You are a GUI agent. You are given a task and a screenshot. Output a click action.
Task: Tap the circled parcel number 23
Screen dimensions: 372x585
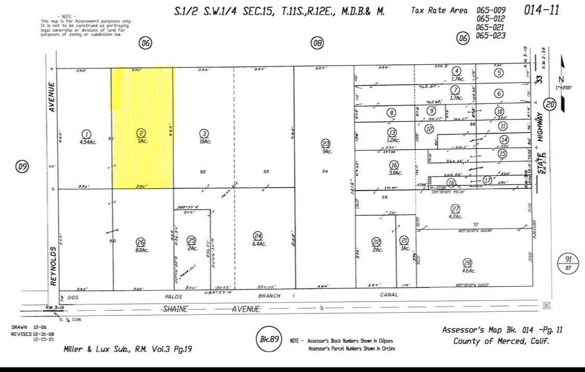click(x=326, y=143)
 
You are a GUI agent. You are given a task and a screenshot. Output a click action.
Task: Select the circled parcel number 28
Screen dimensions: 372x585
click(x=467, y=262)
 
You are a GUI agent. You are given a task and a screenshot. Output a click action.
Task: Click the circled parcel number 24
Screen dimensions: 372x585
click(x=258, y=235)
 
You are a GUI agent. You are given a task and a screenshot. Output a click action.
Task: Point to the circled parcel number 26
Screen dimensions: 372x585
click(x=140, y=242)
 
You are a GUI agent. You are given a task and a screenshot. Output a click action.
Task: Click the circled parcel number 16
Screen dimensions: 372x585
click(x=394, y=165)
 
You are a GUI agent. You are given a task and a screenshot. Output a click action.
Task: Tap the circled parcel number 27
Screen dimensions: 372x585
click(x=455, y=209)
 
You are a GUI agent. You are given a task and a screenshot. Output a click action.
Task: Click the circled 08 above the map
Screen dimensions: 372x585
click(x=317, y=43)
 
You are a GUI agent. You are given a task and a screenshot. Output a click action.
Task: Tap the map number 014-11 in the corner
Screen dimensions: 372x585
click(x=542, y=10)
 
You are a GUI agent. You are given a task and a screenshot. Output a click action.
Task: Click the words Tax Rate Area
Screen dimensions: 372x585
click(x=438, y=10)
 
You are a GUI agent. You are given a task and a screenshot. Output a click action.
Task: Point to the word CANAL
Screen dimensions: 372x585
click(x=389, y=295)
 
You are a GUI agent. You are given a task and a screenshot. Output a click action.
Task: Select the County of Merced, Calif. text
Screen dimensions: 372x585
click(x=501, y=341)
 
